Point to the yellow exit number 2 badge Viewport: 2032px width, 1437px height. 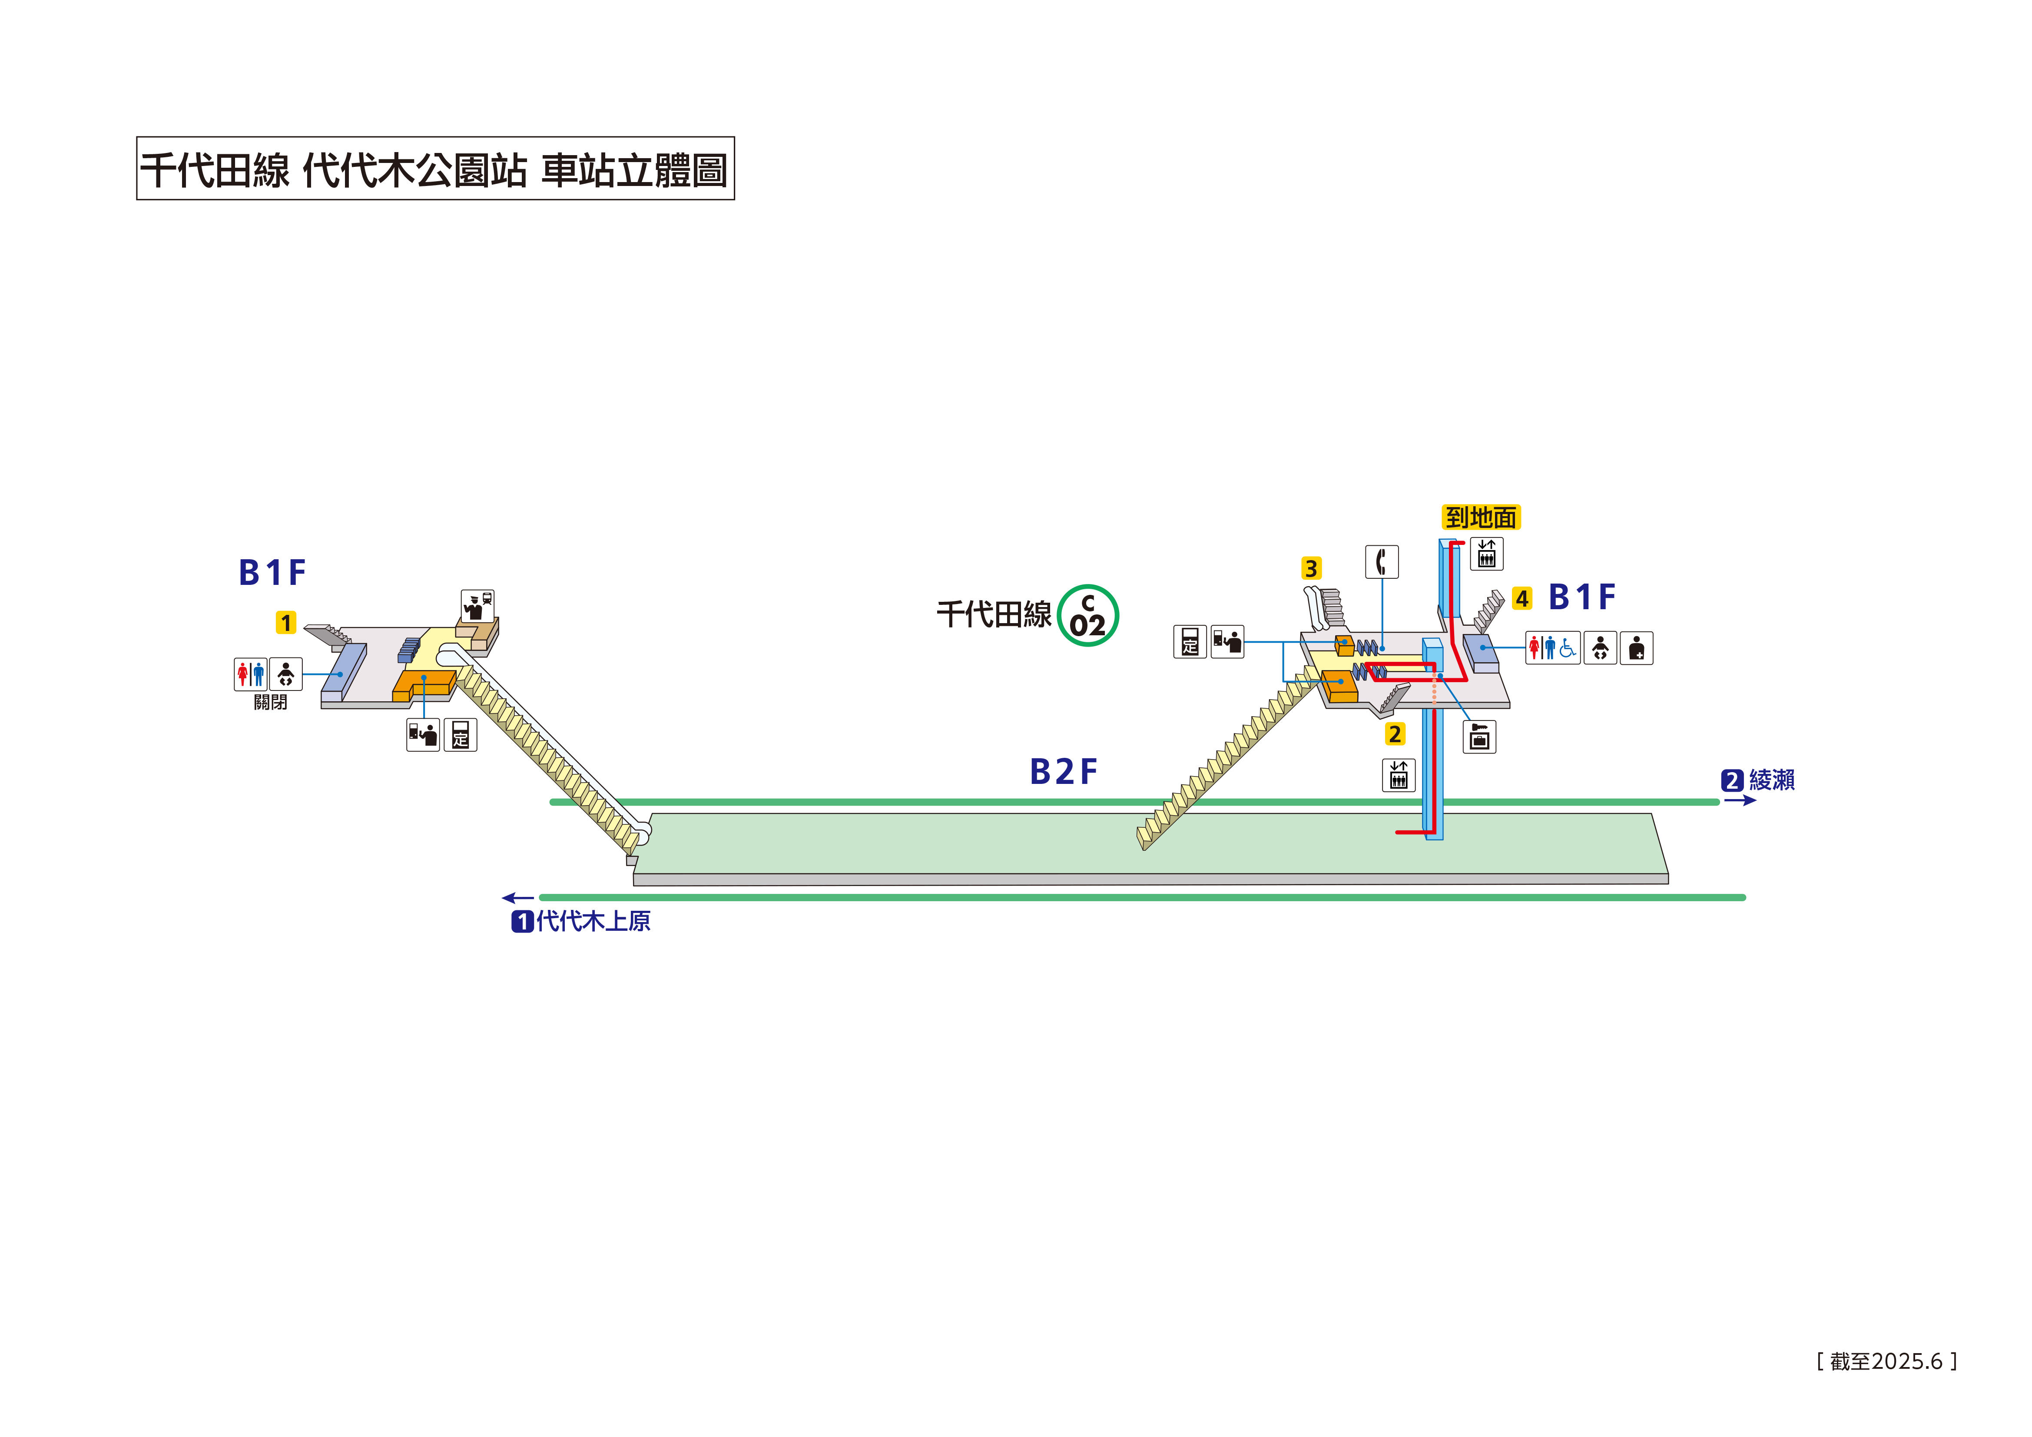1395,734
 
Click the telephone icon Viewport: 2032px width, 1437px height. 1382,561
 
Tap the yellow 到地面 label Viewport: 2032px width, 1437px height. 1482,517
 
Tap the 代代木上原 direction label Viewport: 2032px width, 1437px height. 593,922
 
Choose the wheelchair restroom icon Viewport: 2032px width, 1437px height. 1568,648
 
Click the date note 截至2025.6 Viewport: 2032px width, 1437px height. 1886,1361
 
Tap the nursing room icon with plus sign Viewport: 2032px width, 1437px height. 1636,648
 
